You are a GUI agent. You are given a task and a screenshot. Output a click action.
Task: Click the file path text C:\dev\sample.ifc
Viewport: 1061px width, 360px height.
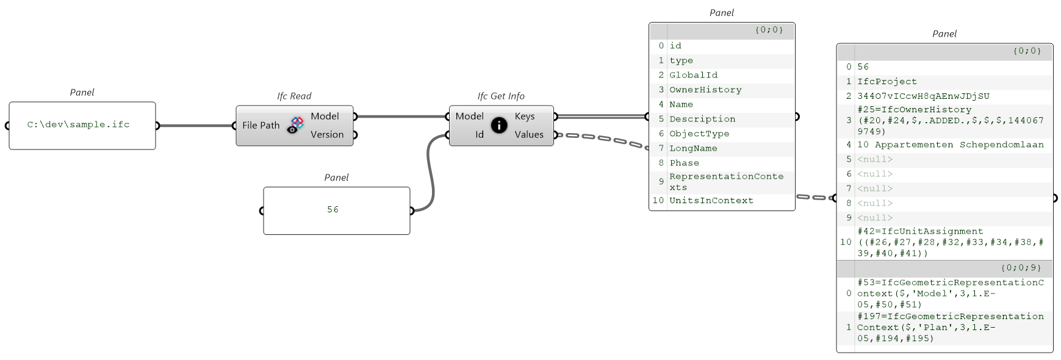78,124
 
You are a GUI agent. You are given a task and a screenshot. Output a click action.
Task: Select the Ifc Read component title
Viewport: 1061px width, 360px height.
294,96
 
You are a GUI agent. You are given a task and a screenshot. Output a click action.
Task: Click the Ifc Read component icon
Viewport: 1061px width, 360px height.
296,124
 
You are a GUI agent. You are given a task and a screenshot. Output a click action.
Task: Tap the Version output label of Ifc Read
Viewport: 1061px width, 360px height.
327,134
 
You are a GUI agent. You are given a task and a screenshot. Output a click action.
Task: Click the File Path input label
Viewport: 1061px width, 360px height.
261,125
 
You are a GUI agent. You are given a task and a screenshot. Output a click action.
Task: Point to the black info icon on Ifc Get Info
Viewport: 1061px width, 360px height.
498,125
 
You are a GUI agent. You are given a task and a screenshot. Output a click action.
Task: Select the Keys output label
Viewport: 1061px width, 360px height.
524,116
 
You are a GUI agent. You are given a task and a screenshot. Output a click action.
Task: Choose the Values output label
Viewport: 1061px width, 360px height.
528,134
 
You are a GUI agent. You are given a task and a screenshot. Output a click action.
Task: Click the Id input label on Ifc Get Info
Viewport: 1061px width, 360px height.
480,134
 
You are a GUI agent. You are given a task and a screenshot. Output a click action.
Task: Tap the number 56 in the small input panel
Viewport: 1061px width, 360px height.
333,209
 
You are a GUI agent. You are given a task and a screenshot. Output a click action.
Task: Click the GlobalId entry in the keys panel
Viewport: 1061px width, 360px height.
693,75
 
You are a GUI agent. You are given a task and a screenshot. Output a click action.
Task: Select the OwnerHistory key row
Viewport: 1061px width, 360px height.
705,90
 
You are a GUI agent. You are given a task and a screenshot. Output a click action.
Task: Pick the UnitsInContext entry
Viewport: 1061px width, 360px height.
711,200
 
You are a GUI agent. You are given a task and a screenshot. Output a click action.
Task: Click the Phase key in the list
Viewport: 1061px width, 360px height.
684,163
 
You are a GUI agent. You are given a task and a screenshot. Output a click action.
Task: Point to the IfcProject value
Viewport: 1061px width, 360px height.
887,81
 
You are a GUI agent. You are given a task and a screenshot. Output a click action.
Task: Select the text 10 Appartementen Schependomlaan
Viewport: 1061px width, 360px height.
950,145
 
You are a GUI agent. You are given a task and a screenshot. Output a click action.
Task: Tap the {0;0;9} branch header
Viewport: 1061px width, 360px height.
1021,267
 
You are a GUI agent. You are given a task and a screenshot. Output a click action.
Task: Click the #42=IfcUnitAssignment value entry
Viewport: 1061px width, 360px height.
950,242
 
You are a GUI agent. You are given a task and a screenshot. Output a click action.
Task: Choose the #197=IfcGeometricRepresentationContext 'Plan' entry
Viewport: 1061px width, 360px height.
950,327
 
